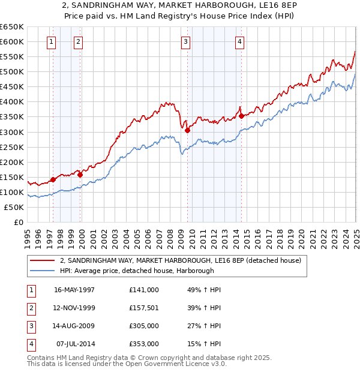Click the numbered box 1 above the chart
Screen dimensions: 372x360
coord(51,42)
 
